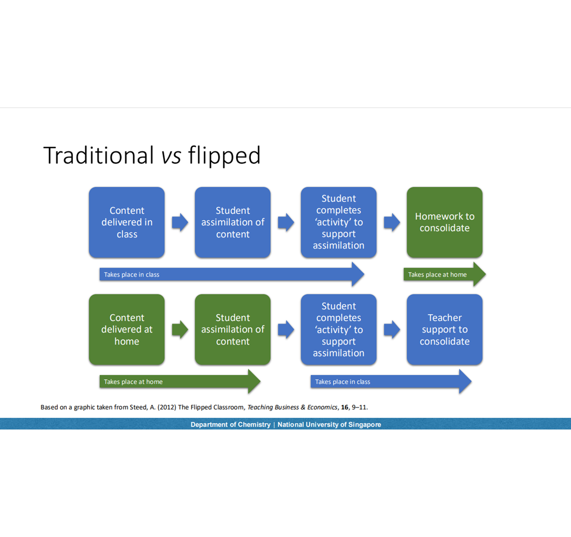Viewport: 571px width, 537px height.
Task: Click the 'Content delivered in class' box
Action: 126,222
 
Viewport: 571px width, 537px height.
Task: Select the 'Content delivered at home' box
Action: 126,329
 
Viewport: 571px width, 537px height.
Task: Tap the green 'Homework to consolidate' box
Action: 445,222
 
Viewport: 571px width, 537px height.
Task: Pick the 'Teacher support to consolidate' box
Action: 445,329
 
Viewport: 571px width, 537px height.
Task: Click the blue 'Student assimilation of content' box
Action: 232,222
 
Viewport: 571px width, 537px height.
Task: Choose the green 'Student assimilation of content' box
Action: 232,329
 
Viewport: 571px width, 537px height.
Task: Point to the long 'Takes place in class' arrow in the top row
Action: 231,274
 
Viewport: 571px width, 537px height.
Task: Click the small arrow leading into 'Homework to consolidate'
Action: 392,222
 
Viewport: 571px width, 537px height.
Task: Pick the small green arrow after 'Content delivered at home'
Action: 180,329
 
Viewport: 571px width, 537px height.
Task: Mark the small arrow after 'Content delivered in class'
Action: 180,222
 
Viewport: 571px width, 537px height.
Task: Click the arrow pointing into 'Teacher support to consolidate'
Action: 392,329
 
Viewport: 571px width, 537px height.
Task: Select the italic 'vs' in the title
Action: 172,156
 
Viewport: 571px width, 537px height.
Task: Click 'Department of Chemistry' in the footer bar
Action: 230,424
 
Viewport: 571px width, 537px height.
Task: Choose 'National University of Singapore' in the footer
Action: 329,424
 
